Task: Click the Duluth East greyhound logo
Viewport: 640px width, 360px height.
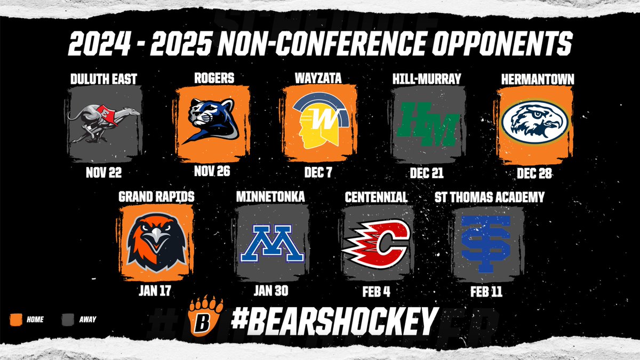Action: [x=105, y=123]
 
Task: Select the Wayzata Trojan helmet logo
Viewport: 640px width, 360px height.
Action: [x=318, y=124]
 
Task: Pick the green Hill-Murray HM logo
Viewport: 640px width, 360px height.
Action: [x=427, y=124]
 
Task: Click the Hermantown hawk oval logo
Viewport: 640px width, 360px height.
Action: [x=535, y=123]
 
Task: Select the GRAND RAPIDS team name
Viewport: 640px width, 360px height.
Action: [x=156, y=197]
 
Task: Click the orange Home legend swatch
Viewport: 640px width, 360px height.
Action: [x=15, y=319]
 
